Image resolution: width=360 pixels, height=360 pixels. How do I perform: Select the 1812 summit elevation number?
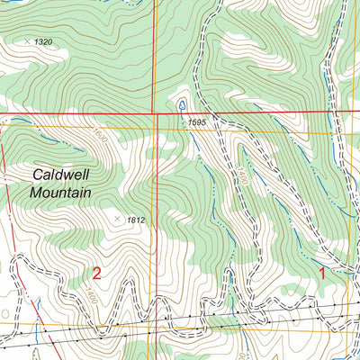pos(136,220)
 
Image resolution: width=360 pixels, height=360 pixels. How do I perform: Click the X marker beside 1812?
pos(117,217)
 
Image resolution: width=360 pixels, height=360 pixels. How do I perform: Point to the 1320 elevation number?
pos(44,42)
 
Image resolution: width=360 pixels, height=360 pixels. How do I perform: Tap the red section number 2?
pos(96,272)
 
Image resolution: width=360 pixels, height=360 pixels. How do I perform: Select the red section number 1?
pos(323,273)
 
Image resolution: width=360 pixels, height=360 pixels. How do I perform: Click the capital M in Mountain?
pos(36,193)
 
